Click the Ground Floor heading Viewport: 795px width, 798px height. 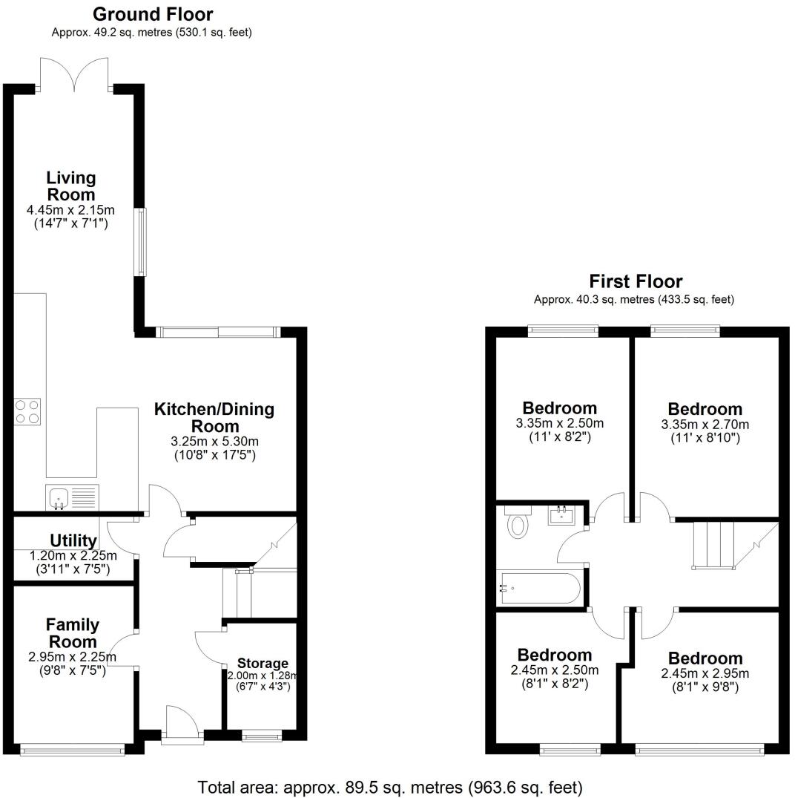153,14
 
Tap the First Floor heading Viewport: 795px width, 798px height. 636,281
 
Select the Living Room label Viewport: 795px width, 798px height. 71,186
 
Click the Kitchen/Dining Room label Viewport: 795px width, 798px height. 214,417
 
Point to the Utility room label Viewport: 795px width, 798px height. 73,540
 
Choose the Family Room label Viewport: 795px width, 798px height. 72,632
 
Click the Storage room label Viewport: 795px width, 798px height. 263,663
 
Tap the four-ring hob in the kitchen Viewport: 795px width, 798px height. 28,411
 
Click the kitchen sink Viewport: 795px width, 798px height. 71,497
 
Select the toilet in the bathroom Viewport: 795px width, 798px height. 518,524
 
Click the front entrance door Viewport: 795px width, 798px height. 182,724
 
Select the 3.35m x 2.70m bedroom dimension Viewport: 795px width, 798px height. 705,425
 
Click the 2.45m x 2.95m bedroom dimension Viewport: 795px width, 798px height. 705,673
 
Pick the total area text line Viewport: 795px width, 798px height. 390,786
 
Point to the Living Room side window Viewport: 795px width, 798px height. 139,243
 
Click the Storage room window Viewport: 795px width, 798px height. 263,736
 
